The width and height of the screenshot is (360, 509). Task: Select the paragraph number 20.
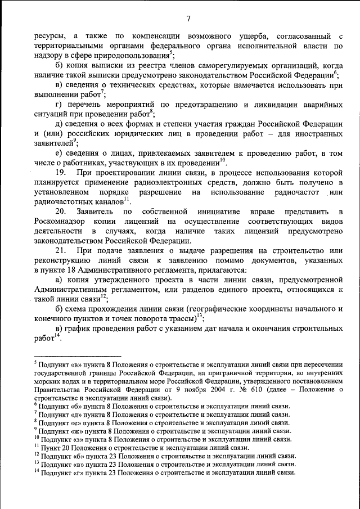pyautogui.click(x=62, y=211)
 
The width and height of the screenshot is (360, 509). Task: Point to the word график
pyautogui.click(x=83, y=328)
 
